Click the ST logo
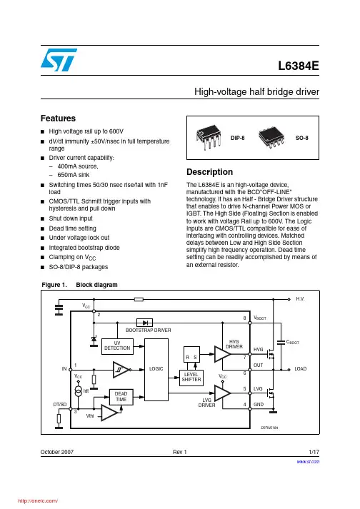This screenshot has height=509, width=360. [59, 60]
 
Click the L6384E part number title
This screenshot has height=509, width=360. [299, 66]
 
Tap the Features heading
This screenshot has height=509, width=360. [58, 119]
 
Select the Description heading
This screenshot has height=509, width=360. [209, 172]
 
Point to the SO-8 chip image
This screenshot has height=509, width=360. [271, 137]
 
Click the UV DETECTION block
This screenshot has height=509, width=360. [117, 346]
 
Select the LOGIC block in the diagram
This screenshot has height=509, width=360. [156, 369]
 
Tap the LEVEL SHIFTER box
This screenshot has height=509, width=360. [191, 377]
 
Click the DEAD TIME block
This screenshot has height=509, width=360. [121, 397]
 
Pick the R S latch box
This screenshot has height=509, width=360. [191, 354]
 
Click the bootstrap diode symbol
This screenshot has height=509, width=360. [144, 323]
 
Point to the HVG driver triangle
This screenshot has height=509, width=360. [223, 354]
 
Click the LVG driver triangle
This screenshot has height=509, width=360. [223, 393]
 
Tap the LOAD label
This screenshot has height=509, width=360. [301, 369]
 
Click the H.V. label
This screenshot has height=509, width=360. [300, 299]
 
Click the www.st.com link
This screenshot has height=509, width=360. [308, 462]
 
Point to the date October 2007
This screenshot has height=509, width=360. [57, 452]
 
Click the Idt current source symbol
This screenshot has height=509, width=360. [79, 390]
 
